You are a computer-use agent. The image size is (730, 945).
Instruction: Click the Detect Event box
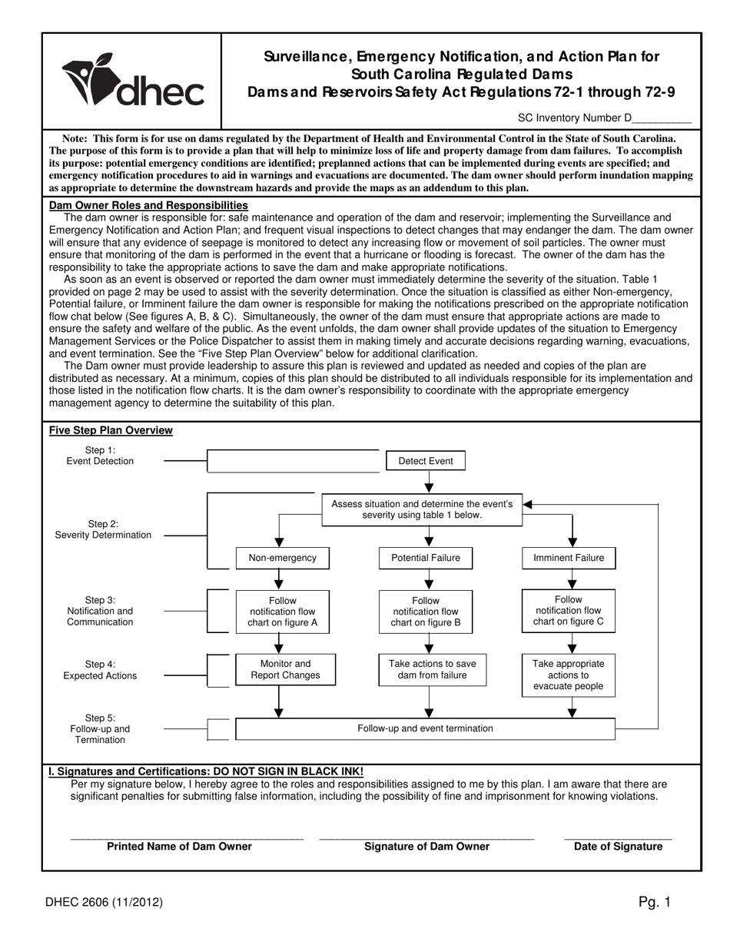click(x=425, y=461)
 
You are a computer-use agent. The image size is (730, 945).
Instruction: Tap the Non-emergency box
click(x=282, y=558)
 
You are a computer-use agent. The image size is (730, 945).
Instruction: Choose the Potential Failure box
click(x=426, y=558)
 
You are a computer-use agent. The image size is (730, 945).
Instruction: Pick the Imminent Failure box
click(x=569, y=558)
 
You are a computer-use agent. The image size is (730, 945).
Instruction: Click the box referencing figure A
click(x=282, y=612)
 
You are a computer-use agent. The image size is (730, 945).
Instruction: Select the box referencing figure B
click(x=426, y=612)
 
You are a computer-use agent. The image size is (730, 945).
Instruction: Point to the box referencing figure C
click(x=569, y=611)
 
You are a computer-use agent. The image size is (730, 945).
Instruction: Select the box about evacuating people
click(x=569, y=675)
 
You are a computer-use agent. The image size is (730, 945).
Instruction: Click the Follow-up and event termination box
click(x=425, y=728)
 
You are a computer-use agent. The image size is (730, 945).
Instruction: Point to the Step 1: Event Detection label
click(x=100, y=456)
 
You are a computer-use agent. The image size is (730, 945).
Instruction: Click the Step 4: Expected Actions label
click(x=100, y=670)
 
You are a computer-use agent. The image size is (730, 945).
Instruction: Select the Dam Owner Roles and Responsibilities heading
click(x=148, y=205)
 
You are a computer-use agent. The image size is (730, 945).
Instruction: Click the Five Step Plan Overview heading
click(x=111, y=430)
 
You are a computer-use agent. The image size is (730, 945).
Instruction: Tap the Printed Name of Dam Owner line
click(x=187, y=837)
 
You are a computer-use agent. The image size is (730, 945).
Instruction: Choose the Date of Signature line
click(x=618, y=837)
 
